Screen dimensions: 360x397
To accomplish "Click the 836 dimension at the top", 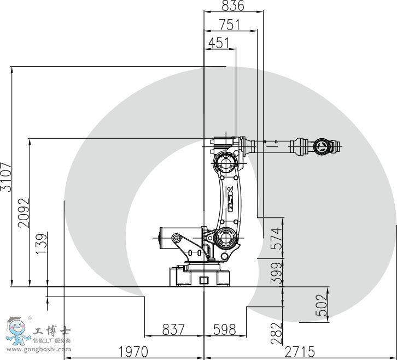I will tap(233, 6).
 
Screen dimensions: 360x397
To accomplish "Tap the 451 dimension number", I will tap(219, 43).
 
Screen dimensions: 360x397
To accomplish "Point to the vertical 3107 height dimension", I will tap(5, 176).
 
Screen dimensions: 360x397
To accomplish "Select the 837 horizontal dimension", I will tap(173, 329).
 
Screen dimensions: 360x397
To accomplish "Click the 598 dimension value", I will tap(224, 329).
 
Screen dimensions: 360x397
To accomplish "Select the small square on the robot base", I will tap(205, 280).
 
